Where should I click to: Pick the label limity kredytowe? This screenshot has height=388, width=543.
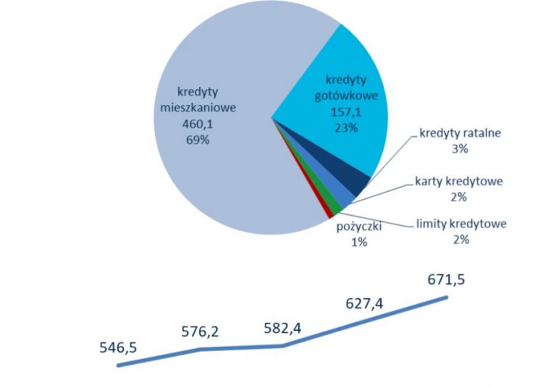click(x=462, y=224)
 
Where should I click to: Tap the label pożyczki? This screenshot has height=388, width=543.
click(x=359, y=228)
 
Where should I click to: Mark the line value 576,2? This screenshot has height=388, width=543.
click(x=201, y=332)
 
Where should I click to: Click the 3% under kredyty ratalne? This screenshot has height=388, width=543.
click(x=459, y=149)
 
